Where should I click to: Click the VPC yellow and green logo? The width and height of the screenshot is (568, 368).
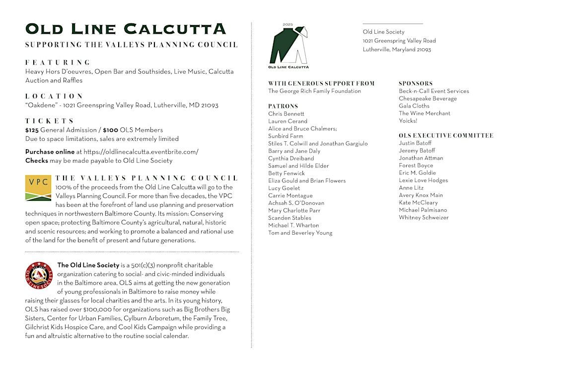pos(38,188)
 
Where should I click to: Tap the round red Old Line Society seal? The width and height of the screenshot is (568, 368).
pos(39,275)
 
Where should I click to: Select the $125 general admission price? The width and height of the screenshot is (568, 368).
pos(32,130)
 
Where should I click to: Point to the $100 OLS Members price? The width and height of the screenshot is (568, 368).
pos(110,130)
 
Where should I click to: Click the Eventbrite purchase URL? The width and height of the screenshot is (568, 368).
pos(141,152)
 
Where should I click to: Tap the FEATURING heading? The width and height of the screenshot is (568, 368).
pos(58,62)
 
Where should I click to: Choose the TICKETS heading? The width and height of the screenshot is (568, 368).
pos(50,121)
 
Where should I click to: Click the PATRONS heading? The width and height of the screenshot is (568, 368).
pos(283,106)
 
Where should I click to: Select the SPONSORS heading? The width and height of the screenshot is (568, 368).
pos(416,84)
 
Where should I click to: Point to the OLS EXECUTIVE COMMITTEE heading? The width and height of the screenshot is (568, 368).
pos(446,136)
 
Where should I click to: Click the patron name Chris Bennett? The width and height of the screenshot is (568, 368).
pos(286,114)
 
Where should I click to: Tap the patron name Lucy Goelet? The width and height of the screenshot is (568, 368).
pos(284,188)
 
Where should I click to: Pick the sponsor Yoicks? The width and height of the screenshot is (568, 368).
pos(408,121)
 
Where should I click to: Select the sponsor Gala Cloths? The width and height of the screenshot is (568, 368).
pos(414,106)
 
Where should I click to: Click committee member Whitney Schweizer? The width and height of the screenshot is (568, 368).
pos(424,218)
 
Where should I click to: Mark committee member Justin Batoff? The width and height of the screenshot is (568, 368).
pos(415,143)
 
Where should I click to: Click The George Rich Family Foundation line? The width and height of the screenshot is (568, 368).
pos(314,91)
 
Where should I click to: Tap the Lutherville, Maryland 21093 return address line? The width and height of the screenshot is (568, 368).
pos(397,50)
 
